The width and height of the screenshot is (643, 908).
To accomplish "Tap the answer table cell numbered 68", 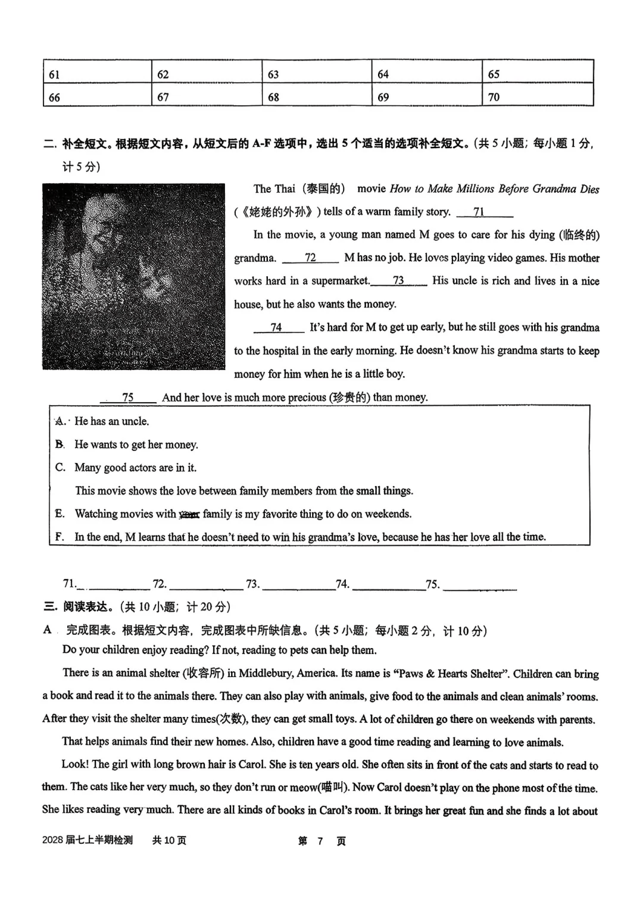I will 317,96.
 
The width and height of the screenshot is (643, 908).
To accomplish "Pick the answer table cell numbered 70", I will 538,96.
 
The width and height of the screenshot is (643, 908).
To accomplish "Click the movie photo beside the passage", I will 134,276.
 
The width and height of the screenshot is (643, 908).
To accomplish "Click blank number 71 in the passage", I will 484,212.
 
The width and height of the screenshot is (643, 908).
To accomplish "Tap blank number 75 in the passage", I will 128,397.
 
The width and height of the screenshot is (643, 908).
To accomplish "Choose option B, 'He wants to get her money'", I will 136,444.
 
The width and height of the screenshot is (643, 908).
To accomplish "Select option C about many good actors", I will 135,468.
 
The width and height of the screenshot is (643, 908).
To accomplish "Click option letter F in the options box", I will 60,537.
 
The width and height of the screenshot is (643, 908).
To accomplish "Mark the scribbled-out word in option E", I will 189,514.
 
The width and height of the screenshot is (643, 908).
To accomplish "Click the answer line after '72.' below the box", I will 206,585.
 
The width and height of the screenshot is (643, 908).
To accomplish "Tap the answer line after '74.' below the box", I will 389,585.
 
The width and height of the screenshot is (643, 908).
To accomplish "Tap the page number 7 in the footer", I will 320,841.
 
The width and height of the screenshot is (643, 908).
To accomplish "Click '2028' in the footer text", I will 52,840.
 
